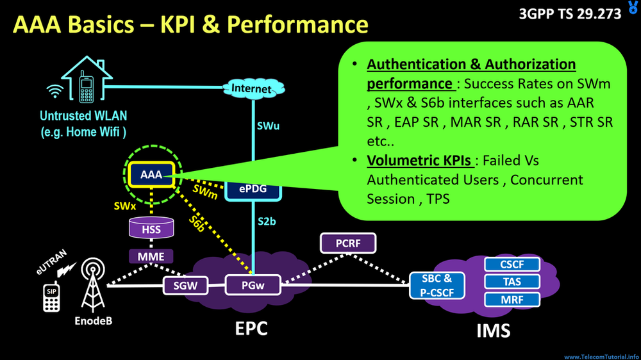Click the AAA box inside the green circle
[x=151, y=174]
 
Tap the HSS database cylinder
[x=151, y=228]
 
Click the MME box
[x=151, y=257]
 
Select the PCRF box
[x=347, y=243]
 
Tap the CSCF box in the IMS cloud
[x=512, y=264]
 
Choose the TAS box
[x=512, y=281]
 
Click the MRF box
[x=512, y=299]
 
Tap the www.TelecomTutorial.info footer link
[x=601, y=356]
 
